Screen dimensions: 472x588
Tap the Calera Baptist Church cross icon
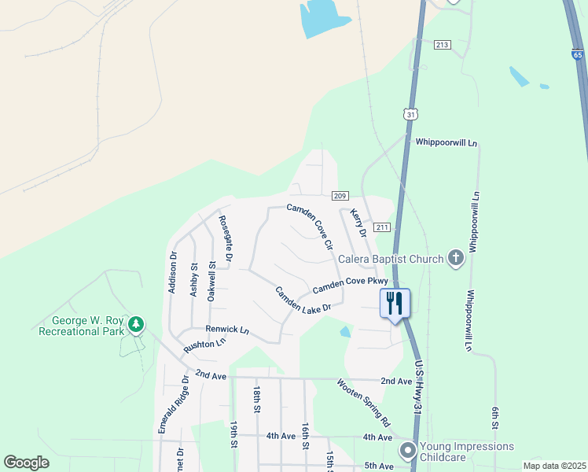[x=455, y=258]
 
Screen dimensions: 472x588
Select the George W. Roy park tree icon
[x=137, y=323]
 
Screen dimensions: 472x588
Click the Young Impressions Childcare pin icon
[x=407, y=451]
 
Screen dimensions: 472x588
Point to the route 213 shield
[x=442, y=45]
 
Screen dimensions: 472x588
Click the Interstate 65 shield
[x=578, y=55]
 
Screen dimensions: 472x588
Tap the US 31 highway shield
[x=410, y=114]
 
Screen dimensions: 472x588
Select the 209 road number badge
[x=340, y=195]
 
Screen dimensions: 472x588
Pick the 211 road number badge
[x=382, y=227]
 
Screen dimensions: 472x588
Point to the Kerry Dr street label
[x=358, y=223]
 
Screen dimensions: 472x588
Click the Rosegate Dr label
[x=226, y=238]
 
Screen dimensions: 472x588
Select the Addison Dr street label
[x=173, y=272]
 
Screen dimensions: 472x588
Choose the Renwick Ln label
[x=227, y=330]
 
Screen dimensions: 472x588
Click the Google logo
[x=27, y=463]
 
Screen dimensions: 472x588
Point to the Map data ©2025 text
[x=554, y=466]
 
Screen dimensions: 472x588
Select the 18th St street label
[x=257, y=399]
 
